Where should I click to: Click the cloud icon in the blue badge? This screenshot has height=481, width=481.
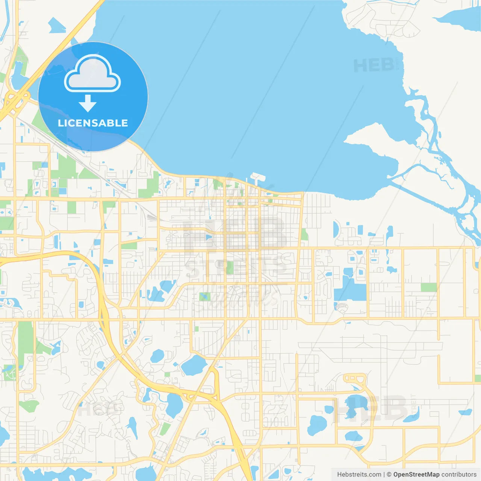pos(92,74)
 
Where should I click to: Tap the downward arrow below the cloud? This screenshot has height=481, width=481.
pos(88,103)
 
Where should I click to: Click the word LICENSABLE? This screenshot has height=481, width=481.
pos(93,123)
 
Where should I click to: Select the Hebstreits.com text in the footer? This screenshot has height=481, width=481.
pos(359,475)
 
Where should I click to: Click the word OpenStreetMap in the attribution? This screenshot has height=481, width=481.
pos(416,475)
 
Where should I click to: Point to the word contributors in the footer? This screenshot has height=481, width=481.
pos(459,475)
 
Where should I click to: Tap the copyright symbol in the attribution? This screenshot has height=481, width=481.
pos(389,475)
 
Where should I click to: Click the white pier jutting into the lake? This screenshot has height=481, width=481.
pos(258,176)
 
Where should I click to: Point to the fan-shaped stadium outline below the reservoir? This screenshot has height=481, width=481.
pos(342,308)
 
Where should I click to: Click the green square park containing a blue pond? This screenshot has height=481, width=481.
pos(205,296)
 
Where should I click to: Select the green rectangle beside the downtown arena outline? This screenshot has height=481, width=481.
pos(230,267)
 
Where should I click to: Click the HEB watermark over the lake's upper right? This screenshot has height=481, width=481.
pos(374,65)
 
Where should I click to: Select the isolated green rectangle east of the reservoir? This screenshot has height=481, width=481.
pos(429,287)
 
